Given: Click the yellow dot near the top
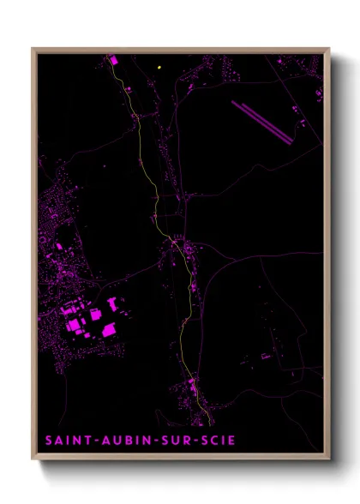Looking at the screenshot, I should pyautogui.click(x=160, y=66).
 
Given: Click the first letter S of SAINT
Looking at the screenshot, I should pyautogui.click(x=50, y=441).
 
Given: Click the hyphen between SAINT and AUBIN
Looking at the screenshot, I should pyautogui.click(x=90, y=441).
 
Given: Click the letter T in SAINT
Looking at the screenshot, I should pyautogui.click(x=82, y=441).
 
